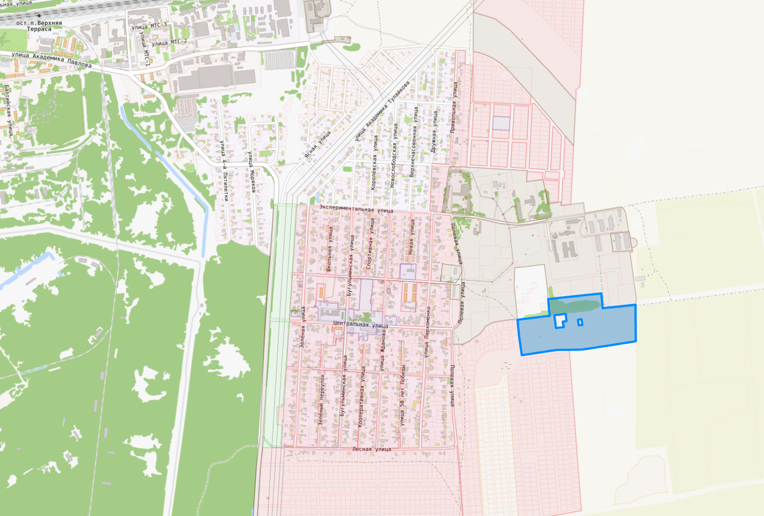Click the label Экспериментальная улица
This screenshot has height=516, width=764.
pos(356,209)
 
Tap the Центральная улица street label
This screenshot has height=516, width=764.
pos(360,324)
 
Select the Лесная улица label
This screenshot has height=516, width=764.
pos(372,449)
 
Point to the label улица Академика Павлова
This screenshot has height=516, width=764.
pos(51,60)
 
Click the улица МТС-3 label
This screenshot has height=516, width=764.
pos(149,26)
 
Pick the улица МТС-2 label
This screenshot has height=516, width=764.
pos(169,42)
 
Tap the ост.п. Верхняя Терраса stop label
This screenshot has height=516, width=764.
pos(39,26)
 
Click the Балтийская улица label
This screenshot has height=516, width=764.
pos(9,110)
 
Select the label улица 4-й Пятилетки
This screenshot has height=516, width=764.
pos(224,170)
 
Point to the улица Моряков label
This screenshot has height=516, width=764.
pos(251,171)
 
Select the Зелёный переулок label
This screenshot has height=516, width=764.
pos(321,400)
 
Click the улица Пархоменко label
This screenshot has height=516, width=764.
pos(427,332)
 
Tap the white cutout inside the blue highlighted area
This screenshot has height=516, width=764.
pos(560,321)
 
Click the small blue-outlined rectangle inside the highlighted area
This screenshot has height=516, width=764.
pos(580,322)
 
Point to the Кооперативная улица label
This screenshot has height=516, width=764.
pos(361,397)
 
